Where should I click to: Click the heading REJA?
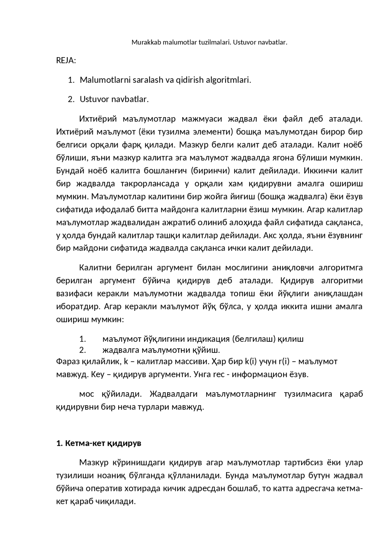tap(66, 61)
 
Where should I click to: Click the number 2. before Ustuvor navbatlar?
tap(71, 99)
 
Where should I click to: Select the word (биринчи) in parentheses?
tap(213, 171)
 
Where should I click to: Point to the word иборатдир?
tap(78, 307)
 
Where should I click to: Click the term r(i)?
tap(284, 361)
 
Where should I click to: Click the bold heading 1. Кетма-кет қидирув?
tap(99, 443)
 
